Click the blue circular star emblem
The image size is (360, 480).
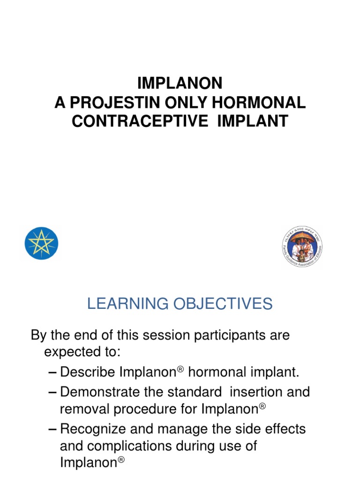click(x=41, y=243)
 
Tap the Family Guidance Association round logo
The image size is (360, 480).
click(x=302, y=247)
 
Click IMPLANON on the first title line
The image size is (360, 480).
click(x=180, y=83)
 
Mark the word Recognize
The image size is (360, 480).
click(x=95, y=428)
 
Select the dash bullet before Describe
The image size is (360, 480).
click(x=53, y=372)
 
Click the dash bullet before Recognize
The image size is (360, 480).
click(x=53, y=428)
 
